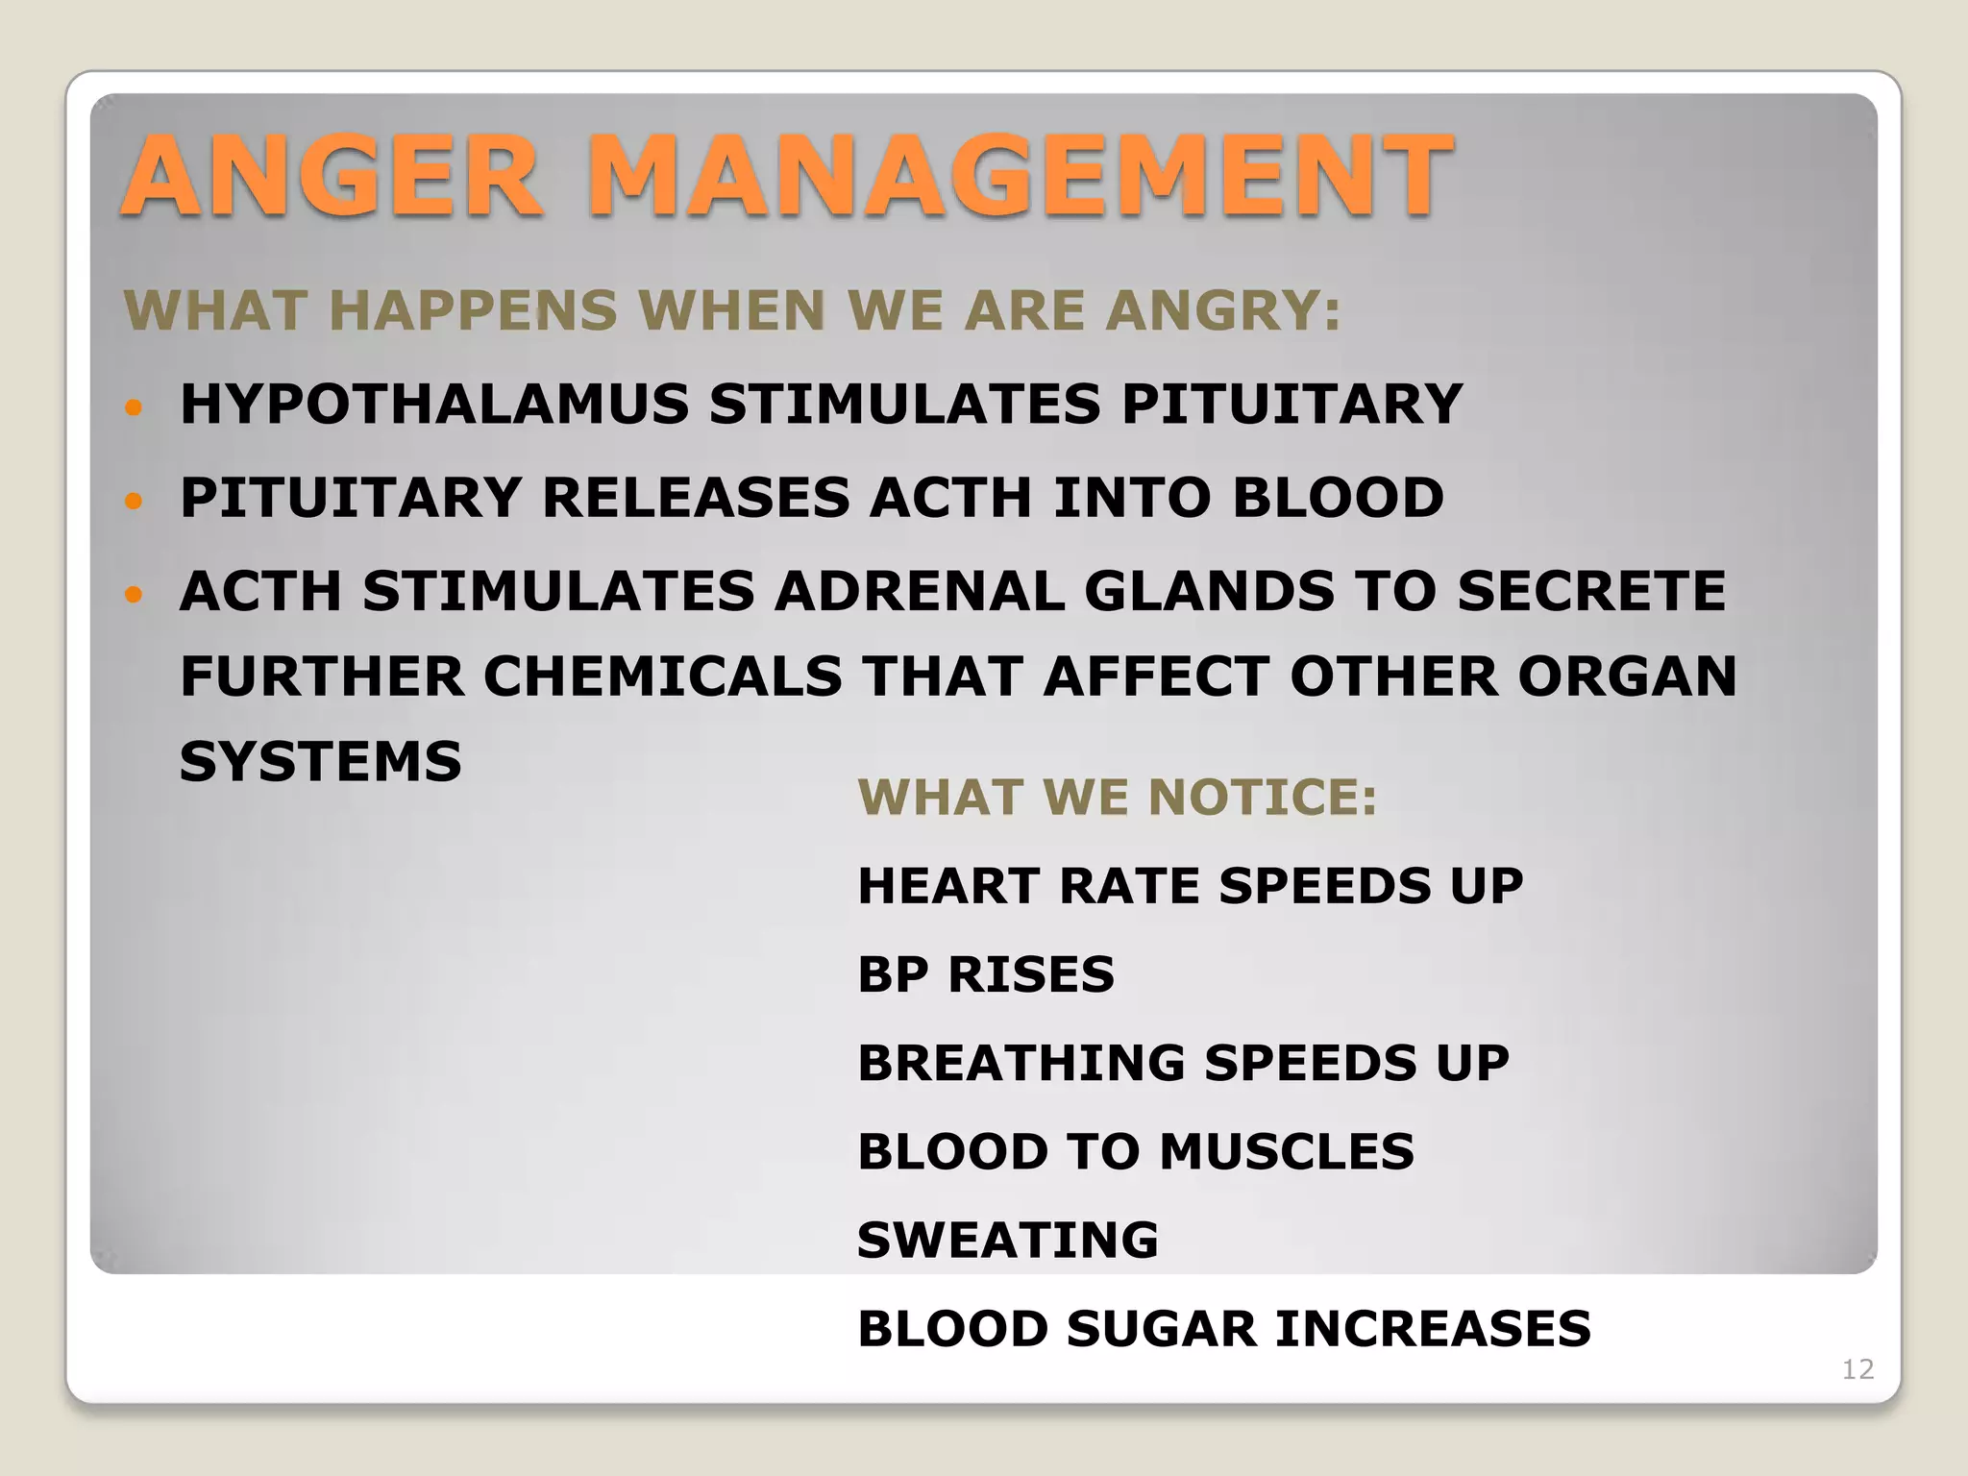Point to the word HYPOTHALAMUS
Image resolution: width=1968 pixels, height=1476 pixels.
pyautogui.click(x=434, y=404)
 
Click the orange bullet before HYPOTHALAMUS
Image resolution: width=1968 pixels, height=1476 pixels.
pyautogui.click(x=134, y=407)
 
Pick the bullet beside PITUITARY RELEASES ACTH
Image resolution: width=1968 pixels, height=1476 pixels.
pyautogui.click(x=134, y=501)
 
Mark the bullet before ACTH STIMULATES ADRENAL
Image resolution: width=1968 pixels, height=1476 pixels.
pyautogui.click(x=134, y=594)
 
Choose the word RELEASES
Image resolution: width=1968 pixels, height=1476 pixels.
pyautogui.click(x=696, y=498)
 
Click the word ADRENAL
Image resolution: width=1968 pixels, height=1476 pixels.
pyautogui.click(x=920, y=591)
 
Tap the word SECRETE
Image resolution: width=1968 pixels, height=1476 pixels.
pyautogui.click(x=1591, y=591)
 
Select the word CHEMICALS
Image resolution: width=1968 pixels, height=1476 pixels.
pyautogui.click(x=662, y=676)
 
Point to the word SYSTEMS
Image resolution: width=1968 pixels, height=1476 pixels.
pyautogui.click(x=320, y=762)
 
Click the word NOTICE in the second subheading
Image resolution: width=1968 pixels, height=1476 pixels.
pyautogui.click(x=1263, y=798)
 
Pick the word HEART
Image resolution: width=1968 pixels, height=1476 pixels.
pyautogui.click(x=947, y=886)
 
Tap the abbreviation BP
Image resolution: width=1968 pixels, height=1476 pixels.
pyautogui.click(x=893, y=974)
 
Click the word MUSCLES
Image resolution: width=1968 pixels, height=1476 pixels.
pyautogui.click(x=1287, y=1151)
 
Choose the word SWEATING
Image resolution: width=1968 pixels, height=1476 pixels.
pyautogui.click(x=1008, y=1240)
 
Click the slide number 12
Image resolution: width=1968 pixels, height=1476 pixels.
pyautogui.click(x=1857, y=1369)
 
